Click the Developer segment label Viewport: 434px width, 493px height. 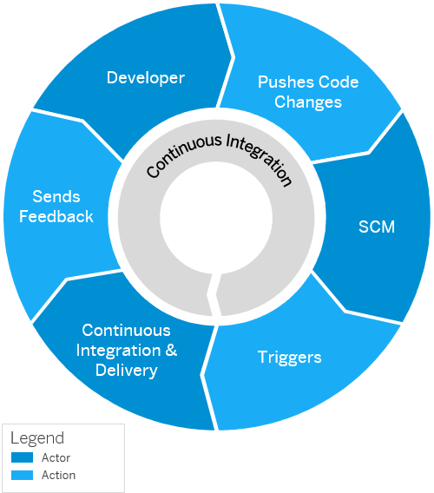click(146, 78)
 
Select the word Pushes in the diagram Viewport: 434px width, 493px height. click(286, 82)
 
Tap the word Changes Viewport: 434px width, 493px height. click(308, 102)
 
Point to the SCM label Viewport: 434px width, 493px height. click(377, 227)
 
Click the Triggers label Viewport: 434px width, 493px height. click(289, 358)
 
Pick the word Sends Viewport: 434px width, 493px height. click(56, 197)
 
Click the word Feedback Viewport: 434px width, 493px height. click(56, 217)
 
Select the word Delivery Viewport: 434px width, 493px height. click(127, 371)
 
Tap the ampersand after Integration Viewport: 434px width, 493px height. click(171, 351)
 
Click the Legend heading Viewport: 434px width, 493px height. click(37, 438)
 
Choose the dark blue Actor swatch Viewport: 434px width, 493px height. click(22, 457)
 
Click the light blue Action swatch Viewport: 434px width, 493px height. click(22, 475)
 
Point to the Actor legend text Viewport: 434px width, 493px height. click(56, 457)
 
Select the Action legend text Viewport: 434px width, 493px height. click(58, 475)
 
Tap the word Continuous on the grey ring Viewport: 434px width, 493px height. click(183, 155)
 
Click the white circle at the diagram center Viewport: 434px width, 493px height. click(216, 218)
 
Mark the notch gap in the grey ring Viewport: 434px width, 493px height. click(214, 295)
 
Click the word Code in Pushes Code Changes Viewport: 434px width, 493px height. click(339, 82)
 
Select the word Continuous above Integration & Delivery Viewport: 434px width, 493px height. click(126, 331)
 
